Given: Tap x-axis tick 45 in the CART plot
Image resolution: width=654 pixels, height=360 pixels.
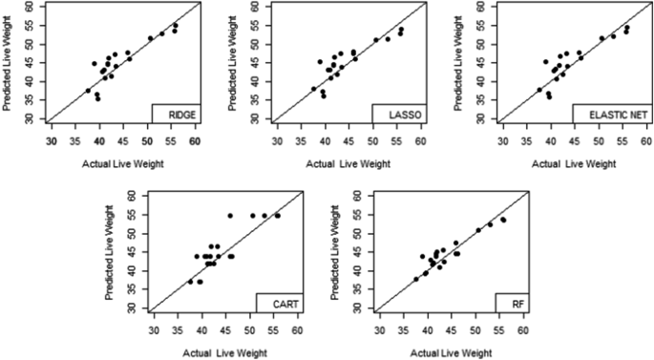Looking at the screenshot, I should click(x=225, y=330).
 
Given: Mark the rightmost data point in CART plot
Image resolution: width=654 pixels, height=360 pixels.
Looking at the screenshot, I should click(x=278, y=216).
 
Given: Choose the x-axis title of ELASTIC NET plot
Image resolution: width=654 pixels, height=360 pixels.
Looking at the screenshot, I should click(x=574, y=163).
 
